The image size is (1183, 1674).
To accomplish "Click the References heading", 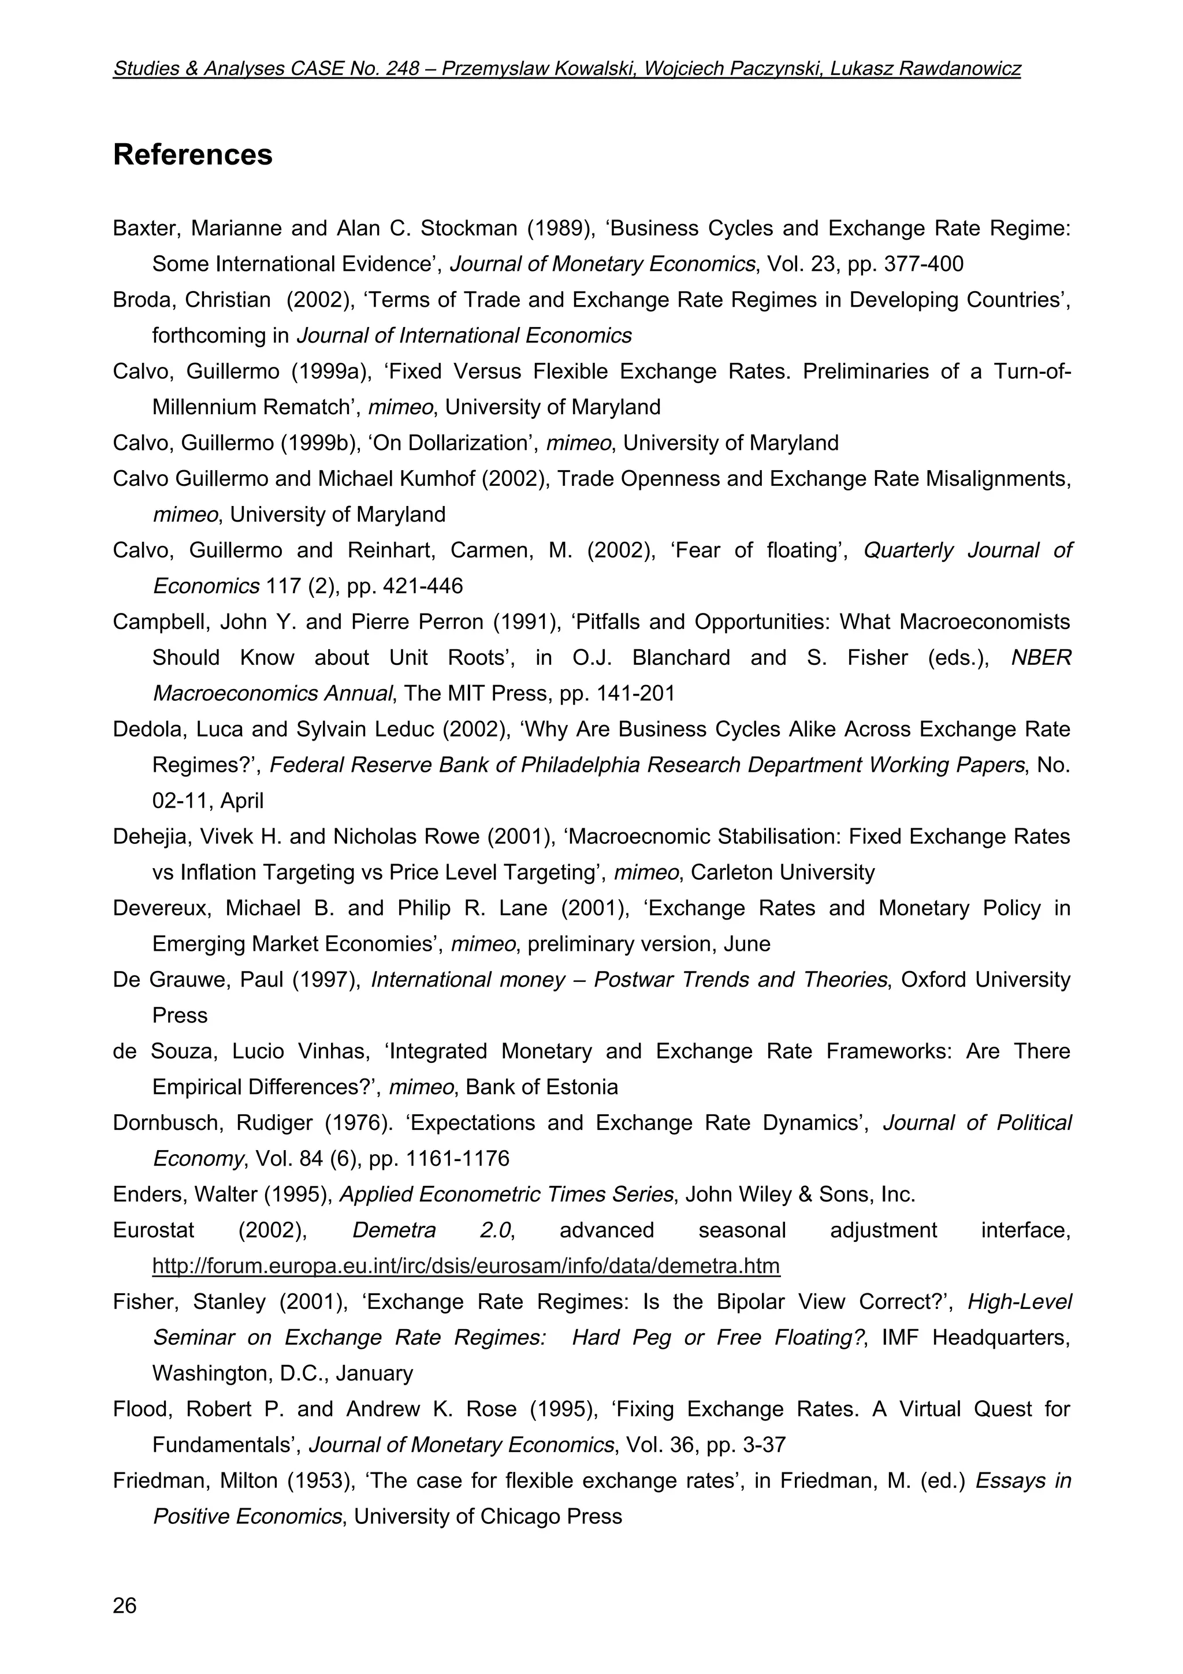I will pyautogui.click(x=192, y=155).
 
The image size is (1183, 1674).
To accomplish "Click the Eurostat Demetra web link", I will pyautogui.click(x=466, y=1266).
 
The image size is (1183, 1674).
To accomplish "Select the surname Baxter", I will pyautogui.click(x=144, y=229).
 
